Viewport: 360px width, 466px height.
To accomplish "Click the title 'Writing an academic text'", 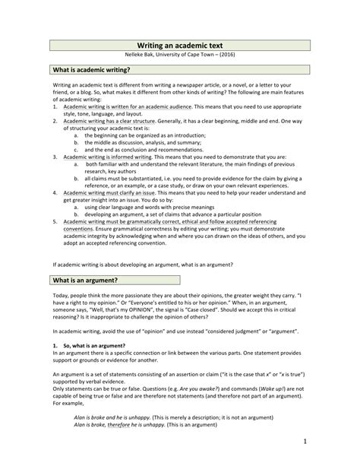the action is (180, 46).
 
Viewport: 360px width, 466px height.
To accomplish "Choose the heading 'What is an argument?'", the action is (84, 281).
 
